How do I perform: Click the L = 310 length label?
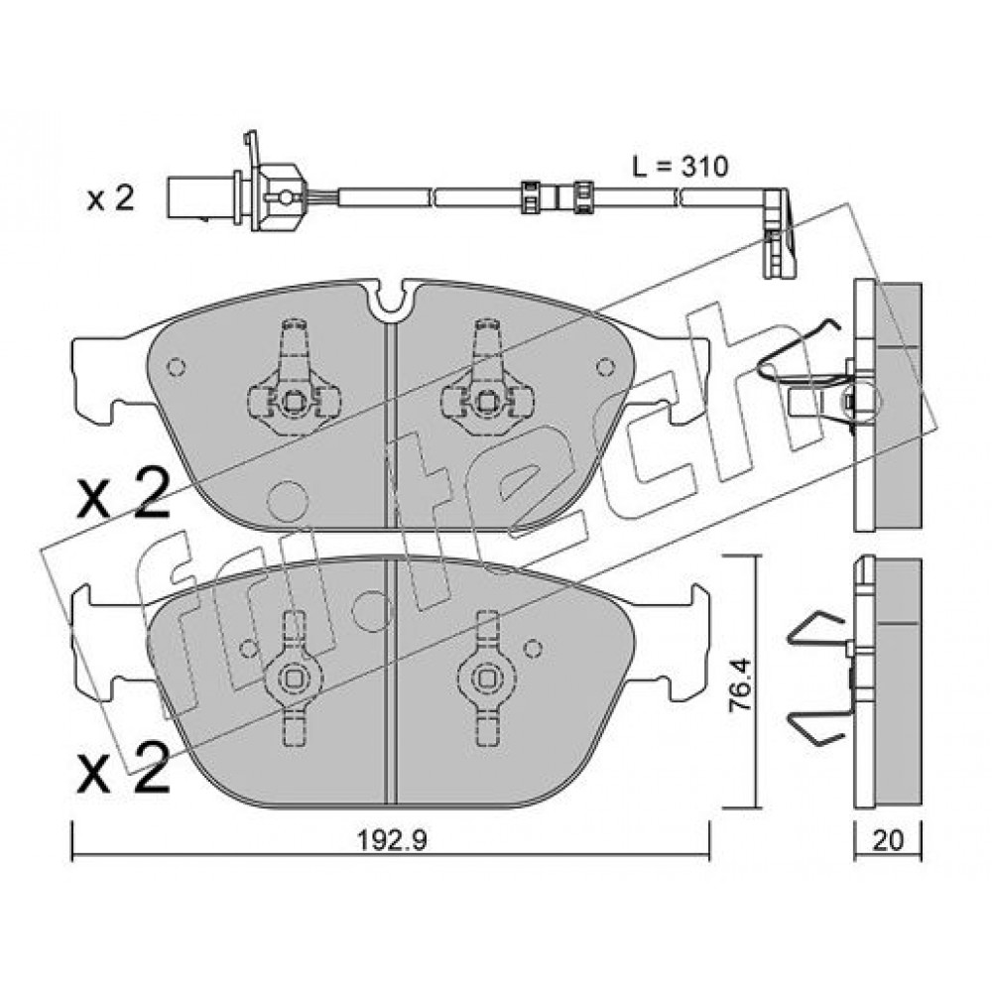pyautogui.click(x=681, y=167)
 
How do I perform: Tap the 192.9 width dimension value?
pyautogui.click(x=392, y=840)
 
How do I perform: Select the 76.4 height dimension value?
pyautogui.click(x=740, y=685)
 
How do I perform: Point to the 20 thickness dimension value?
pyautogui.click(x=888, y=840)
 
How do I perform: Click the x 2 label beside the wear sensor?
pyautogui.click(x=111, y=198)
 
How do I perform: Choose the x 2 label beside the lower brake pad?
pyautogui.click(x=123, y=768)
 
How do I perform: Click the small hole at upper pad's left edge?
pyautogui.click(x=176, y=367)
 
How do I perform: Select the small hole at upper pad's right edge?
pyautogui.click(x=605, y=366)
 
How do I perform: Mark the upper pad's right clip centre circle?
pyautogui.click(x=486, y=403)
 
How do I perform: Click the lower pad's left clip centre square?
pyautogui.click(x=293, y=680)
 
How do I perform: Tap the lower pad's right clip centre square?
pyautogui.click(x=486, y=680)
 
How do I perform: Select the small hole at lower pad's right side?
pyautogui.click(x=534, y=647)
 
